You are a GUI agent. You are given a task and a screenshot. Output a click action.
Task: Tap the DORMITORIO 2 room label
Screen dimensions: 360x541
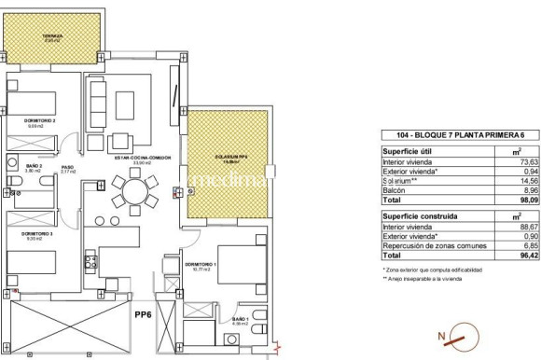41,121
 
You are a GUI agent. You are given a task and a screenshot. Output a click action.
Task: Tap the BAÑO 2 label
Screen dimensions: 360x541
33,169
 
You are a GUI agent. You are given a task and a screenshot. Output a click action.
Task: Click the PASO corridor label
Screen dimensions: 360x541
67,169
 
